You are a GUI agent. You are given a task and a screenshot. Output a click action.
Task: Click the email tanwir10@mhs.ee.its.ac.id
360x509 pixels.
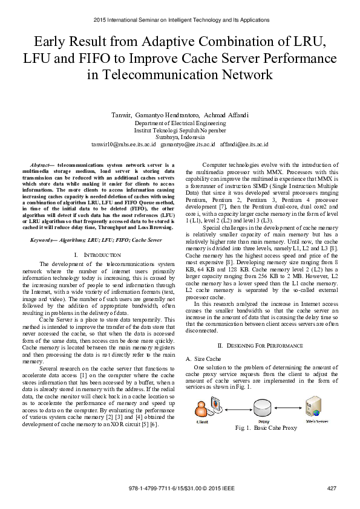123,145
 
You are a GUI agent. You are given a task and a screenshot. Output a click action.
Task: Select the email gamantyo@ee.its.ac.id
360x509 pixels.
188,145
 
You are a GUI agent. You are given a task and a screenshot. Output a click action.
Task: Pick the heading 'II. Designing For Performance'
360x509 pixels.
260,345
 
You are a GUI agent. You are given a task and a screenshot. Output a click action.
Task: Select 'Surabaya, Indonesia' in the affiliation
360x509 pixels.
180,137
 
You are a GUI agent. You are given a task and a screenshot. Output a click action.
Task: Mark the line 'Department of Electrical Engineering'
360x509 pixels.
180,123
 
